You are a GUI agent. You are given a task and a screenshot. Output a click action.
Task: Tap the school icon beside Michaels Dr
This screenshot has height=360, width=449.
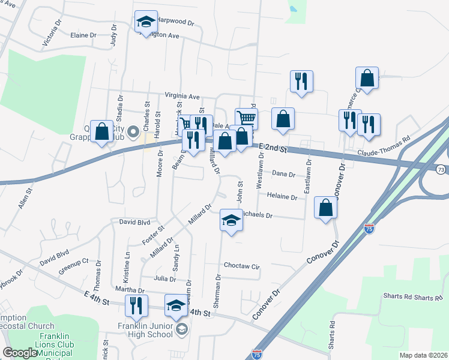231,220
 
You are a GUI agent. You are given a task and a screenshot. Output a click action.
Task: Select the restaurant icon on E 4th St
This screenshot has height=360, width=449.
137,305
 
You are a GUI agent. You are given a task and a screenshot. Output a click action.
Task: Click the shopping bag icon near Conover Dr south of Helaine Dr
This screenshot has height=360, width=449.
325,208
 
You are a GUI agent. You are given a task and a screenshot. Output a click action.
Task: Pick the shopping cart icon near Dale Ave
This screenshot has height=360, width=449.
246,118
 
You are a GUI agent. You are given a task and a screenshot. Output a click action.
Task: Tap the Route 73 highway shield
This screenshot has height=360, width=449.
441,170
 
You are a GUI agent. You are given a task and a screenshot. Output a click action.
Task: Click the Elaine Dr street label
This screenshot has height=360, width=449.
83,35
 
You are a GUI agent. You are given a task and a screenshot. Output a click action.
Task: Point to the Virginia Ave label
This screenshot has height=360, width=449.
182,96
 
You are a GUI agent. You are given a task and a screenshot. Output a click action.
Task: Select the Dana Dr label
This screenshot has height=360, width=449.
284,174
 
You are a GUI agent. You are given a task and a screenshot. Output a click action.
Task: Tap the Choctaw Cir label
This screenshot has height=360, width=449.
241,265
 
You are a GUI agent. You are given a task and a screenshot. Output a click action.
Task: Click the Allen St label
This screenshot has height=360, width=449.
25,198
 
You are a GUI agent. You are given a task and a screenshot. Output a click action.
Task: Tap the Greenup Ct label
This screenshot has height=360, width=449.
73,265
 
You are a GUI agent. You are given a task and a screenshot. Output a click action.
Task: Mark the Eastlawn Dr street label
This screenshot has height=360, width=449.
308,176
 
